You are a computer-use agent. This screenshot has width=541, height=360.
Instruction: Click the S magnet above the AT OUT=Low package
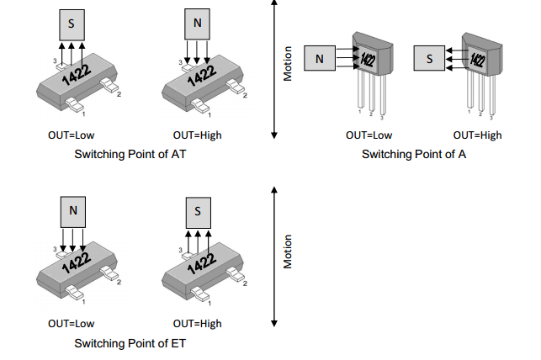72,24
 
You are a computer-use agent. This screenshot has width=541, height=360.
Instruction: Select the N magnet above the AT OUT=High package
198,24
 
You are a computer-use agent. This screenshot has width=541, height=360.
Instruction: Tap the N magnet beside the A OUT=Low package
319,59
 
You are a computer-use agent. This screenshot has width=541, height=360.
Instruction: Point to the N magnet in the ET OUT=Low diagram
73,210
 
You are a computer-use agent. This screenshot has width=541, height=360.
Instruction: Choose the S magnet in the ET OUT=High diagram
198,211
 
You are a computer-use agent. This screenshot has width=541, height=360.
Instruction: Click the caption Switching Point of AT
129,155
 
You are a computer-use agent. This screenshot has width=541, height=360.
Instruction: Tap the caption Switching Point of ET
130,343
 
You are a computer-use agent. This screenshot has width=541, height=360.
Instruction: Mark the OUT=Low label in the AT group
72,135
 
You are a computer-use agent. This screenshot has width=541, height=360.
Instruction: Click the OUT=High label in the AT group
198,135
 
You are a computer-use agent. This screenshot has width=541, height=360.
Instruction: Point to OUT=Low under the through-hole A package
369,135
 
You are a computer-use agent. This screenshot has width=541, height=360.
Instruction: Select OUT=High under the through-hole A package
477,135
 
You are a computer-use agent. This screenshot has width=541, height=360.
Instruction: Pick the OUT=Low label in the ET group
72,324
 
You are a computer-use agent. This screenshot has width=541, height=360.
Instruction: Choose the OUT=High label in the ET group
198,324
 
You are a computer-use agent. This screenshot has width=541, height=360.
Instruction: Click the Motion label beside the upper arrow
288,63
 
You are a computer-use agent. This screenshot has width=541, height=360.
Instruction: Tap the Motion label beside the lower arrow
288,251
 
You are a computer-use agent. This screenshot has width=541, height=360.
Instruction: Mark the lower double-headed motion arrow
273,257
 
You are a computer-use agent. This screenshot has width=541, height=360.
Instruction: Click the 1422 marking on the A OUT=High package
477,60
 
